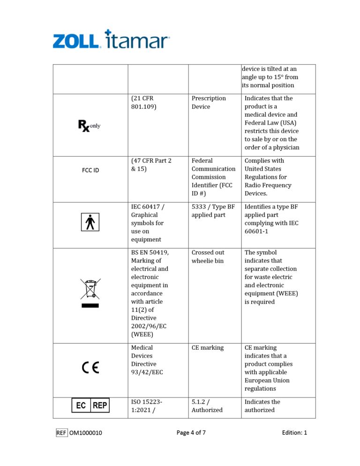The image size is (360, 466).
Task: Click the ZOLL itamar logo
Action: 111,40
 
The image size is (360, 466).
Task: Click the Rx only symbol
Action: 89,125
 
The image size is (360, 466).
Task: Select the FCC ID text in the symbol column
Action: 90,170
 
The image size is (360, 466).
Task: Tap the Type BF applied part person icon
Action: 90,222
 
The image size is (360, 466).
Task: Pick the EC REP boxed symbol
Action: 90,405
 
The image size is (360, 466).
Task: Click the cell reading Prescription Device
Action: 209,103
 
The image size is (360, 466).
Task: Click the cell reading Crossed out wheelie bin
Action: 208,256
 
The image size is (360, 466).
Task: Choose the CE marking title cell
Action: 208,348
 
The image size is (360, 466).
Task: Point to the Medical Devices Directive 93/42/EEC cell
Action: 144,360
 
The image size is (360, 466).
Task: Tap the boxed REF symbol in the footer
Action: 61,433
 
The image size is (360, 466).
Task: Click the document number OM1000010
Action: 86,433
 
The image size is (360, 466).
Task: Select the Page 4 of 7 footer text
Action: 191,433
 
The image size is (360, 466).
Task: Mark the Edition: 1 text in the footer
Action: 294,433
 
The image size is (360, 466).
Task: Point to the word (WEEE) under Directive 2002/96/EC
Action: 142,334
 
